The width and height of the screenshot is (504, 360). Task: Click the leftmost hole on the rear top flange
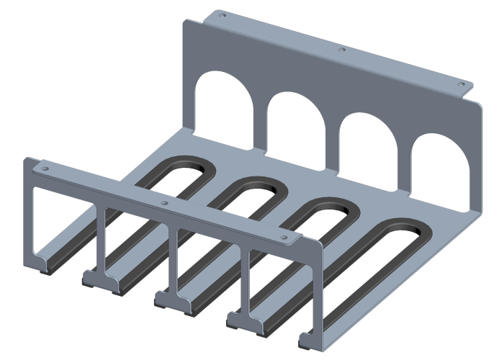pyautogui.click(x=222, y=14)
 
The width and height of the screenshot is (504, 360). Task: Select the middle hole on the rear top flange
pyautogui.click(x=342, y=50)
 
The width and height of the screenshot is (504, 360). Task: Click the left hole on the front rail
pyautogui.click(x=45, y=168)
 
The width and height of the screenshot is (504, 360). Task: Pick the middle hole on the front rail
pyautogui.click(x=165, y=204)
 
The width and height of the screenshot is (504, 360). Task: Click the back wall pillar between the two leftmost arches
pyautogui.click(x=258, y=119)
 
